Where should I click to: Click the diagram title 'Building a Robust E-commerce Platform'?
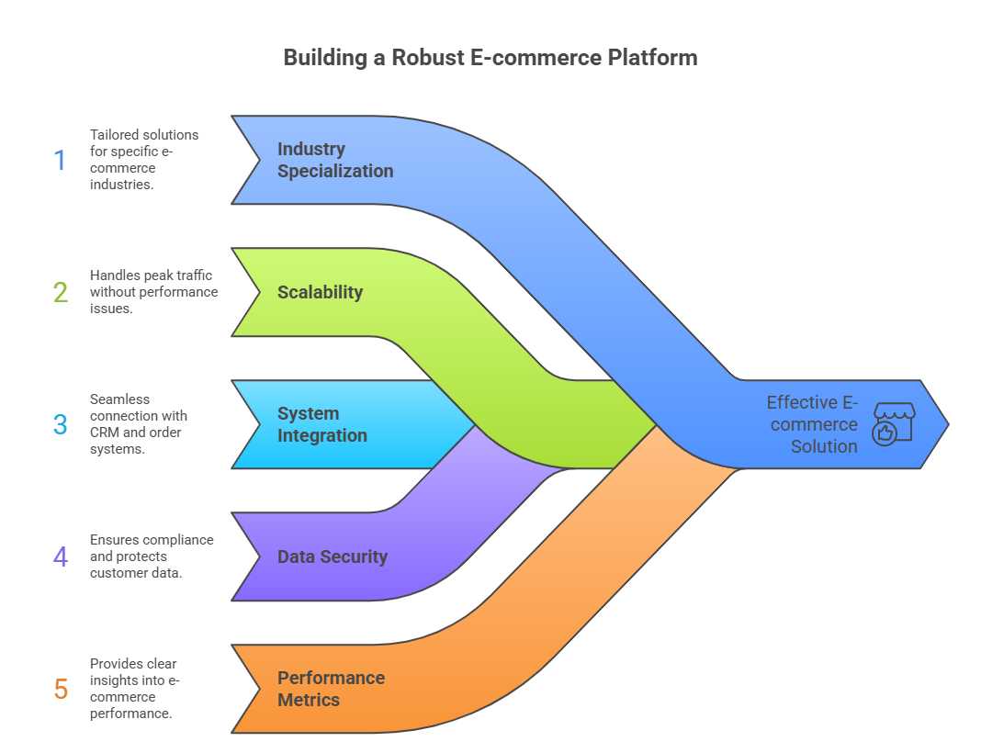click(490, 57)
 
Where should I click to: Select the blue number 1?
click(61, 160)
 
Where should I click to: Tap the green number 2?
click(61, 292)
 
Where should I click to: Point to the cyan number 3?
click(61, 424)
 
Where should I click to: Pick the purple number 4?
click(61, 556)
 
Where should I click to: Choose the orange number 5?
click(61, 689)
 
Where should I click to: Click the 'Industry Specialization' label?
click(335, 160)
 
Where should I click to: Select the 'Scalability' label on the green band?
click(320, 292)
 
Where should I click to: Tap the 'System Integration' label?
click(322, 424)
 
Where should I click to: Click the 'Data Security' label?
click(333, 556)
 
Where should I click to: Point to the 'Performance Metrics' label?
click(331, 689)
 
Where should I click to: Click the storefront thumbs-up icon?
click(892, 423)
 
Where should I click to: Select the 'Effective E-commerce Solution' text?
click(813, 424)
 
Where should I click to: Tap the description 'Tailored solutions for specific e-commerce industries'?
click(144, 160)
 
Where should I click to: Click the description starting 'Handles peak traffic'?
click(153, 292)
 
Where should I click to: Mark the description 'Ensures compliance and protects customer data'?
click(152, 556)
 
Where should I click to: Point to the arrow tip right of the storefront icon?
click(941, 424)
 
